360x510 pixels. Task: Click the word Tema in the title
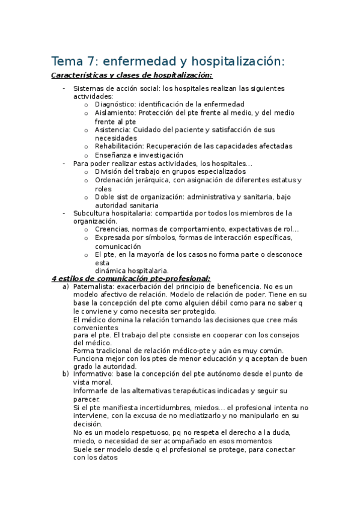pos(66,61)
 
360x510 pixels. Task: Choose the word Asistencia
pos(112,129)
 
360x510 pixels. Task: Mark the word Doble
pos(105,197)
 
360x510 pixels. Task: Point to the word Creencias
pos(112,229)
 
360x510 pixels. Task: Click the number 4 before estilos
pos(54,278)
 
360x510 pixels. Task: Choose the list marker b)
pos(66,374)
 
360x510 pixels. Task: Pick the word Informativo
pos(93,374)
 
